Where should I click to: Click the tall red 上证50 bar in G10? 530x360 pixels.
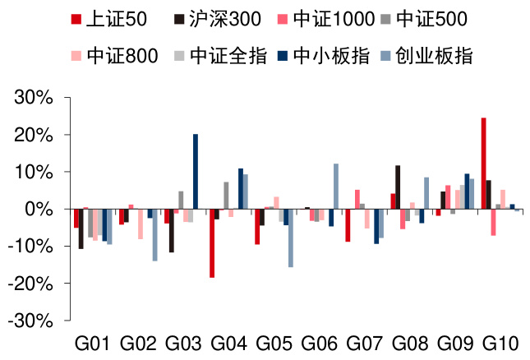point(483,164)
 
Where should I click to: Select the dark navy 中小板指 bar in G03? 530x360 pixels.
point(196,172)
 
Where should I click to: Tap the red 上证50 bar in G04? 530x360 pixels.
point(212,243)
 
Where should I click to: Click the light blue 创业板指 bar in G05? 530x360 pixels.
point(291,238)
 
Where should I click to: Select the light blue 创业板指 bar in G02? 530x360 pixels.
point(154,235)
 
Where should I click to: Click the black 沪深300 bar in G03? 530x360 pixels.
point(172,231)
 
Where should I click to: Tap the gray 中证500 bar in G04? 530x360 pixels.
point(226,196)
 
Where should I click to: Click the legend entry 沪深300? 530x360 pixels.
point(213,18)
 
